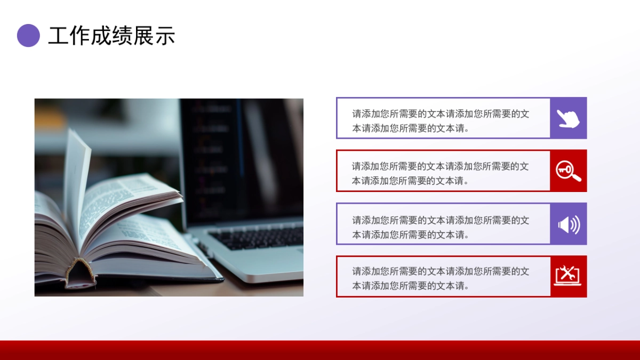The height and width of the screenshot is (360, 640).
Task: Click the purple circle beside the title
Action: click(28, 36)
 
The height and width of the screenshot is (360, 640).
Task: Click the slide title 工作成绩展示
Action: click(111, 36)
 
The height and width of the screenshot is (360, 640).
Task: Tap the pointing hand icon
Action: click(568, 118)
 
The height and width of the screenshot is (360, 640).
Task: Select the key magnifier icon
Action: click(568, 171)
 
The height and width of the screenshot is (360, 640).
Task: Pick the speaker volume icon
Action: click(569, 225)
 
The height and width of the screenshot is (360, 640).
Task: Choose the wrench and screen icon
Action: click(567, 276)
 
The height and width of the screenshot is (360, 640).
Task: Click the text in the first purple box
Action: click(441, 121)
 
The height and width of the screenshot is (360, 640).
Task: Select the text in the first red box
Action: click(441, 173)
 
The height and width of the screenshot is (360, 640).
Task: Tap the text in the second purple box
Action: click(441, 227)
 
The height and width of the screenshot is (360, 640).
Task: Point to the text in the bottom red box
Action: click(441, 278)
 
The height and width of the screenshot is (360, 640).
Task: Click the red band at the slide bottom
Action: click(320, 350)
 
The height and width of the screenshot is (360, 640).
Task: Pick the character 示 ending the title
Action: click(165, 36)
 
